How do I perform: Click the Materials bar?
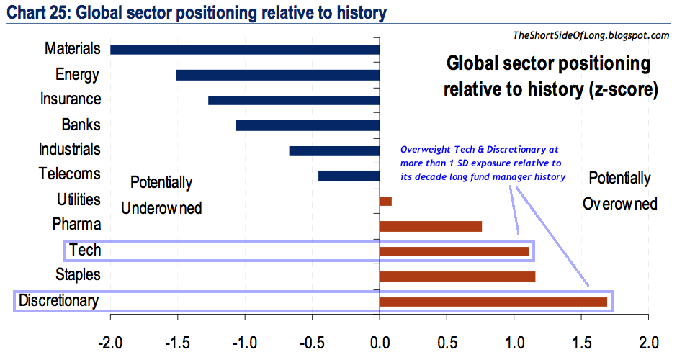coord(245,50)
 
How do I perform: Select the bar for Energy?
coord(278,75)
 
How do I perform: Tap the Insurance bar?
coord(294,100)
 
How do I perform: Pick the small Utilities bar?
coord(385,201)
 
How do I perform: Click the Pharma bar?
coord(431,226)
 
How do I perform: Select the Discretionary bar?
coord(493,302)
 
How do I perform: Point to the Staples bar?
coord(457,276)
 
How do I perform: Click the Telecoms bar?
coord(349,176)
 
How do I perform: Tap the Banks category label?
coord(81,125)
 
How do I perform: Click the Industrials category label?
coord(70,150)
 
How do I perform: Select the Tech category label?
coord(85,251)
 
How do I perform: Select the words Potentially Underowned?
coord(161,195)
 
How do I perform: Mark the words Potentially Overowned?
coord(619,192)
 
